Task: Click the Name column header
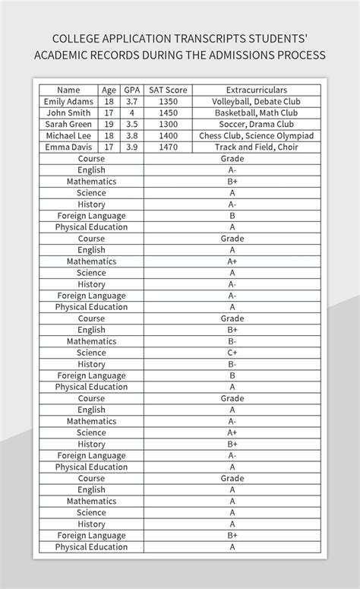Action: tap(68, 90)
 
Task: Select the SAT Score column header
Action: tap(168, 90)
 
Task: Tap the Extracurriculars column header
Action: tap(256, 90)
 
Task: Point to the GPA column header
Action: tap(132, 90)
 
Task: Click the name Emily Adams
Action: tap(68, 102)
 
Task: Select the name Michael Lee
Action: tap(68, 136)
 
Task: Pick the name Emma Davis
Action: tap(68, 147)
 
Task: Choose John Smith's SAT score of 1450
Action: tap(168, 113)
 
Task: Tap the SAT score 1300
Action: tap(168, 125)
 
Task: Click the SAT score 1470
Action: tap(168, 147)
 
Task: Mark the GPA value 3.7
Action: tap(132, 102)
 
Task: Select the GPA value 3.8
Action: tap(132, 136)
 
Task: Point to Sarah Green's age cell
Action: tap(109, 125)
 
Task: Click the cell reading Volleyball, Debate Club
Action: tap(256, 102)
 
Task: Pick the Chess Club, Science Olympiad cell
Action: tap(256, 136)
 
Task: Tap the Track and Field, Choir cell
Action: tap(256, 147)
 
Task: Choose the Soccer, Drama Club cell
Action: tap(256, 125)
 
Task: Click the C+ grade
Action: tap(232, 353)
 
